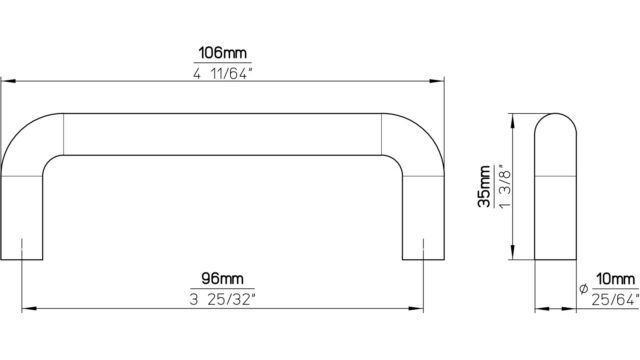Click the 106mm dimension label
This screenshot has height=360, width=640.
point(222,53)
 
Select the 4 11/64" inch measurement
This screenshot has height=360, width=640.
point(222,74)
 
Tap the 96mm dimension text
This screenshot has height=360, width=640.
point(222,279)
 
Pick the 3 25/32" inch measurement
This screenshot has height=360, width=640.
point(222,300)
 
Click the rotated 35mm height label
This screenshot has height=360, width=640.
point(484,187)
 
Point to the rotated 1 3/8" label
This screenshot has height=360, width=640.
point(504,187)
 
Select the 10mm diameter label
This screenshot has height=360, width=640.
point(616,279)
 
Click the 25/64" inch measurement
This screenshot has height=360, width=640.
point(615,300)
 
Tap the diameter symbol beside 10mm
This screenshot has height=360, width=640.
point(583,289)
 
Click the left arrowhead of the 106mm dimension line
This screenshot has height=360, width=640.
point(7,81)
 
